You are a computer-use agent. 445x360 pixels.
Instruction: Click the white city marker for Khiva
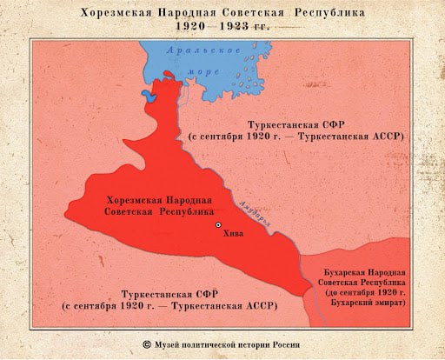click(x=218, y=224)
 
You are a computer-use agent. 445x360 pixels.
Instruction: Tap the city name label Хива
click(x=233, y=233)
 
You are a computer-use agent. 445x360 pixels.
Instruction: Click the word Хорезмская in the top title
click(x=117, y=13)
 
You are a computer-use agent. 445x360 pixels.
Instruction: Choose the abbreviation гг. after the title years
click(x=259, y=28)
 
